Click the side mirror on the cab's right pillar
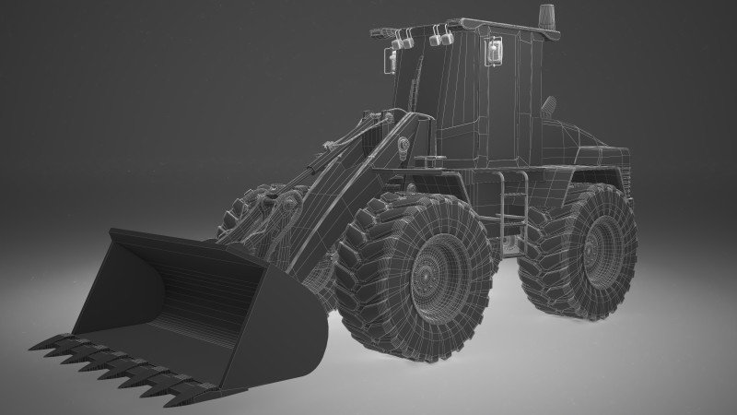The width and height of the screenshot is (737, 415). pos(496,53)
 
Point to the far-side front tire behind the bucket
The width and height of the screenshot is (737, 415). pos(244,217)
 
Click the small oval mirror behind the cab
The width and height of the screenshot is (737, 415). pos(549,105)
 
